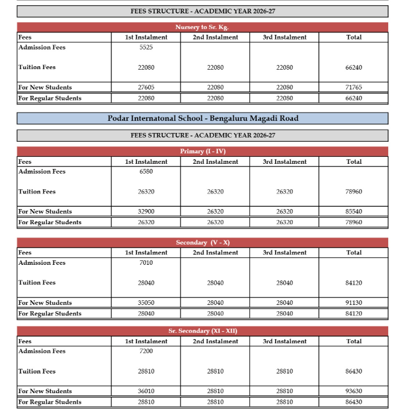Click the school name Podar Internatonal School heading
(x=202, y=118)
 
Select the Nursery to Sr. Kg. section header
(x=202, y=27)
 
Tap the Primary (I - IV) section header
(x=202, y=152)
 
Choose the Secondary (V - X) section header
(x=202, y=243)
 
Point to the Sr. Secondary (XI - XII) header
(x=202, y=331)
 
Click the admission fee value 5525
(x=146, y=48)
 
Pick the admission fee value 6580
(x=146, y=172)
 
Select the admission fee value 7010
(x=146, y=263)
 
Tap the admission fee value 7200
(x=146, y=351)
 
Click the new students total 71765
(x=353, y=88)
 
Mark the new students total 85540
(x=353, y=212)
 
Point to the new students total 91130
(x=353, y=303)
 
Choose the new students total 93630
(x=353, y=391)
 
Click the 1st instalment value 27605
(x=146, y=88)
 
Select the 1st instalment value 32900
(x=146, y=212)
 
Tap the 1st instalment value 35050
(x=146, y=303)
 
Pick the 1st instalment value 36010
(x=146, y=391)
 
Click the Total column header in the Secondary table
(x=353, y=253)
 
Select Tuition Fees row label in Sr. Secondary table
(x=37, y=371)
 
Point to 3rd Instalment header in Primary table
(x=284, y=162)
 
